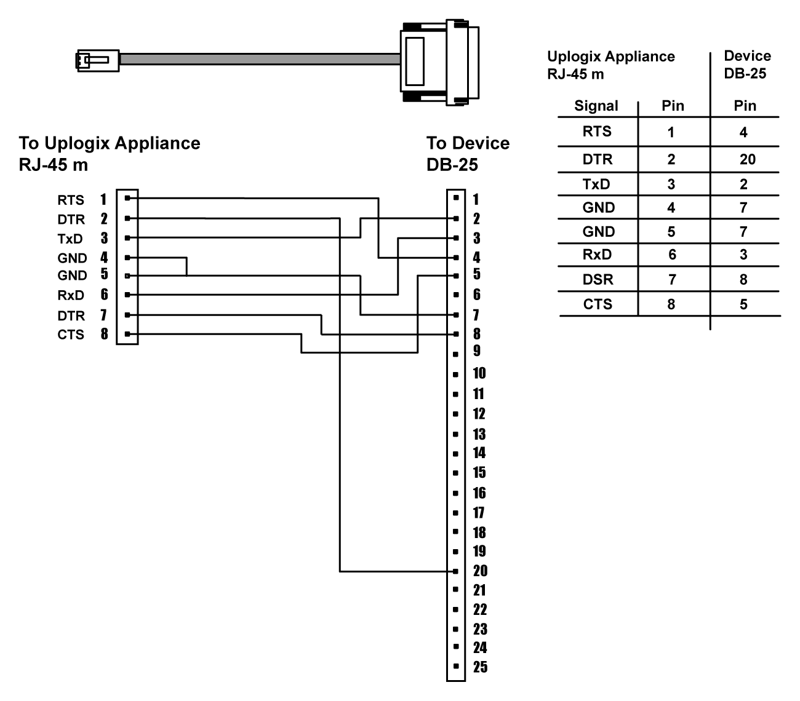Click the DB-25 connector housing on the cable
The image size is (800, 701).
[x=439, y=61]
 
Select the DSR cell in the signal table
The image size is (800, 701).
[x=598, y=280]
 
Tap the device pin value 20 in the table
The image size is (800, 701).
[x=747, y=160]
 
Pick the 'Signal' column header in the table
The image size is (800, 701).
[x=596, y=106]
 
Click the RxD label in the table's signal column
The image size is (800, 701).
[x=597, y=255]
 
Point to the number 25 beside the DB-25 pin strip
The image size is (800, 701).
[x=480, y=667]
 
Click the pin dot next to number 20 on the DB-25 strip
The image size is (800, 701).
[x=455, y=571]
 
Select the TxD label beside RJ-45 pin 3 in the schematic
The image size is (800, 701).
[x=70, y=239]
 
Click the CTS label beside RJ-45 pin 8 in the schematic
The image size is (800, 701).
[x=71, y=335]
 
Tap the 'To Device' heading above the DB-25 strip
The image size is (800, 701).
[x=468, y=143]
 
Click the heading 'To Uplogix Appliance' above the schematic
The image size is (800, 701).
[x=110, y=143]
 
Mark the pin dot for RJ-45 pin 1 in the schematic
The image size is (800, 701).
[x=127, y=198]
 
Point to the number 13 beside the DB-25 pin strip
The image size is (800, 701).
[x=479, y=434]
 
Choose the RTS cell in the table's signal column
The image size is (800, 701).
[x=597, y=131]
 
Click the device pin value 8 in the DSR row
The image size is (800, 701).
[x=743, y=280]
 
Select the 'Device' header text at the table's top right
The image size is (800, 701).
[x=747, y=57]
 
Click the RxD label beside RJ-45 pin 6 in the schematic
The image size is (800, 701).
[x=70, y=295]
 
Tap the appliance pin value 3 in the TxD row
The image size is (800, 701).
[x=671, y=184]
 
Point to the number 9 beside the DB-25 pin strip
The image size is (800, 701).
[x=477, y=350]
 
